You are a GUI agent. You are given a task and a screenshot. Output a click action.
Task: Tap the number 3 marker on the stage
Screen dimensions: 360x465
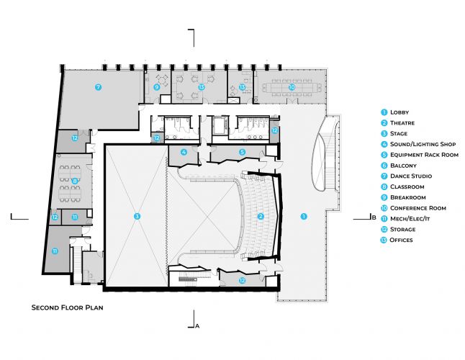click(136, 215)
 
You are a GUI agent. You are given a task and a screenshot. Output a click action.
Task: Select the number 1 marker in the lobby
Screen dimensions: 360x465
click(303, 215)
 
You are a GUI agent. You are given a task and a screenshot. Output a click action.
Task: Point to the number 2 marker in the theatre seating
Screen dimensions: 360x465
click(261, 215)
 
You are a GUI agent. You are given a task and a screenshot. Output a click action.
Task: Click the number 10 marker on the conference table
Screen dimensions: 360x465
click(291, 87)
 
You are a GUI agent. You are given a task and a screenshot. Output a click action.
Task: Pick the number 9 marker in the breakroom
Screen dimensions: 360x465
click(156, 87)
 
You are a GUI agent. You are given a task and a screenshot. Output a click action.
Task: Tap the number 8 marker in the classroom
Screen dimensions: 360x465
click(74, 180)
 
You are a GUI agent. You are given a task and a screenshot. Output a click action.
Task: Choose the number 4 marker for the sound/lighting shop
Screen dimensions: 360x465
click(184, 152)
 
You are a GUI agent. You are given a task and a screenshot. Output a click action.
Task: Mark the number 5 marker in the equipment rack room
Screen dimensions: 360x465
click(242, 152)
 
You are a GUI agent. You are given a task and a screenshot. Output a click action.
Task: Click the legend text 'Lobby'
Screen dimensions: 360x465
click(399, 112)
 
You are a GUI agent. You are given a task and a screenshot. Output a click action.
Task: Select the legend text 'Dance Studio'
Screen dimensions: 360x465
click(410, 176)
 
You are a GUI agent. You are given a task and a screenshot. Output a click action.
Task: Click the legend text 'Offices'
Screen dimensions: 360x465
click(402, 240)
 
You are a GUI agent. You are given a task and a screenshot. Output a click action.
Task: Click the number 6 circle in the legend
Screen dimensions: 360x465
click(384, 166)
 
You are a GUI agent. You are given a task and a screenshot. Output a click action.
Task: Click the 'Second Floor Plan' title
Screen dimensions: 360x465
click(68, 307)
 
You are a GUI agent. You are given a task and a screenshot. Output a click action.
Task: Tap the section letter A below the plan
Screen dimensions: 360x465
click(197, 325)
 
